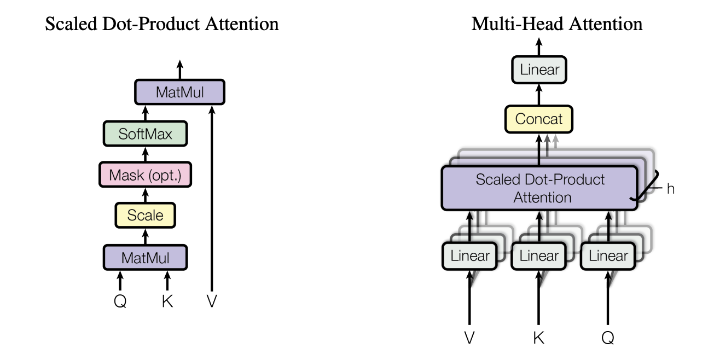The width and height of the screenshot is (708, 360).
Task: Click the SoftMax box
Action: click(146, 133)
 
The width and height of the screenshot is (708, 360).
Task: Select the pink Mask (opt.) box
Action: click(146, 175)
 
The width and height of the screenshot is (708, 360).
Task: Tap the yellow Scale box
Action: click(146, 215)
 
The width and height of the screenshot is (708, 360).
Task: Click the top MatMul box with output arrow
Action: click(180, 92)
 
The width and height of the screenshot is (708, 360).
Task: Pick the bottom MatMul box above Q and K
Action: click(146, 258)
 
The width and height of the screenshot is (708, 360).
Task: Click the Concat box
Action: click(539, 119)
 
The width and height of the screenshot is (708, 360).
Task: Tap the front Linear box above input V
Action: click(469, 256)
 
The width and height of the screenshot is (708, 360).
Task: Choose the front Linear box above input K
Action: click(539, 256)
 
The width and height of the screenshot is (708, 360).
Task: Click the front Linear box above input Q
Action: click(608, 256)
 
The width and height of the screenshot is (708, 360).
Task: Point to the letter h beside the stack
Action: click(670, 189)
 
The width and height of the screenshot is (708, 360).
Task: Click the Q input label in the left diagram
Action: click(120, 301)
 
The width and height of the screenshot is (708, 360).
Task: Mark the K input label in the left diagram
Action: click(167, 301)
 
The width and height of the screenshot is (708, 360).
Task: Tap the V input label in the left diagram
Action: click(212, 301)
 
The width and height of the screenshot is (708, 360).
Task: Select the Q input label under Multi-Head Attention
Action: click(608, 338)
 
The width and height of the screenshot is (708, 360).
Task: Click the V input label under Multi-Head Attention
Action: click(469, 338)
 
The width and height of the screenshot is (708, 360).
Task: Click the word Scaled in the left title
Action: click(71, 24)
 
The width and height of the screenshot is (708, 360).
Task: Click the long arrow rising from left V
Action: click(212, 199)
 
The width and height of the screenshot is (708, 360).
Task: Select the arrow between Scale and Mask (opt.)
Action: click(146, 195)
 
